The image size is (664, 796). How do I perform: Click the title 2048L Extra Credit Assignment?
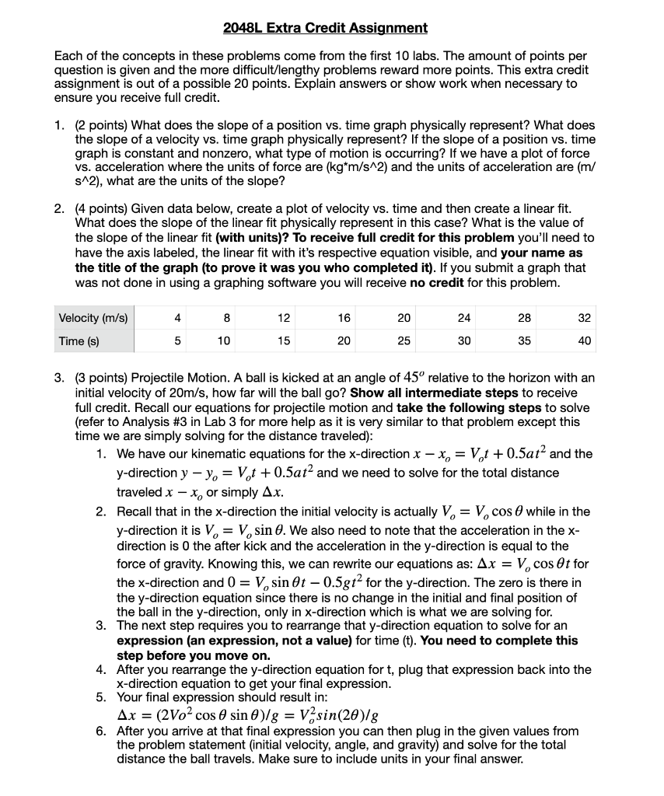tap(325, 28)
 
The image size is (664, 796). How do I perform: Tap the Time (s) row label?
tap(76, 340)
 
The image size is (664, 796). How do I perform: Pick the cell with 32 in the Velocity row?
tap(585, 318)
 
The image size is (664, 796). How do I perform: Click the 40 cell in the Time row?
tap(585, 340)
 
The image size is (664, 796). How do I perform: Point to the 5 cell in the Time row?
tap(178, 340)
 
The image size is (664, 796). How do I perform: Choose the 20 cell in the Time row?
tap(344, 340)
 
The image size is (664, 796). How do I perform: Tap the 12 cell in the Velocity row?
tap(283, 318)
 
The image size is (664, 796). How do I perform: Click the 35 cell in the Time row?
tap(524, 340)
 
